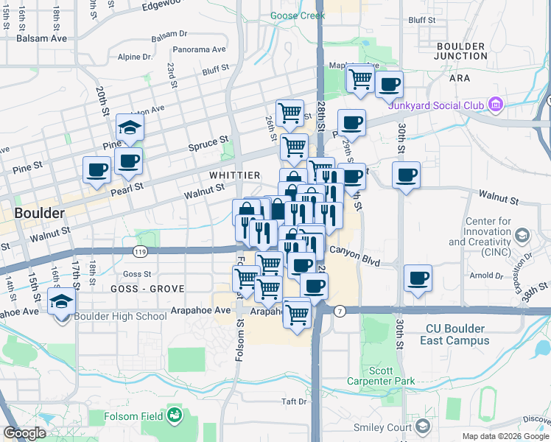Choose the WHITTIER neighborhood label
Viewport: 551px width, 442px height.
point(234,175)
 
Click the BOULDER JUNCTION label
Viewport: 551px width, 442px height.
point(460,51)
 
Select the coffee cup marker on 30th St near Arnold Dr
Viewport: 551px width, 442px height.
point(418,278)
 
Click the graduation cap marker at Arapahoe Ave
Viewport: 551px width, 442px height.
point(61,301)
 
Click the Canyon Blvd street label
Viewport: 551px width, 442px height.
point(354,250)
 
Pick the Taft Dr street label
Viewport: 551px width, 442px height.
point(293,401)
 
